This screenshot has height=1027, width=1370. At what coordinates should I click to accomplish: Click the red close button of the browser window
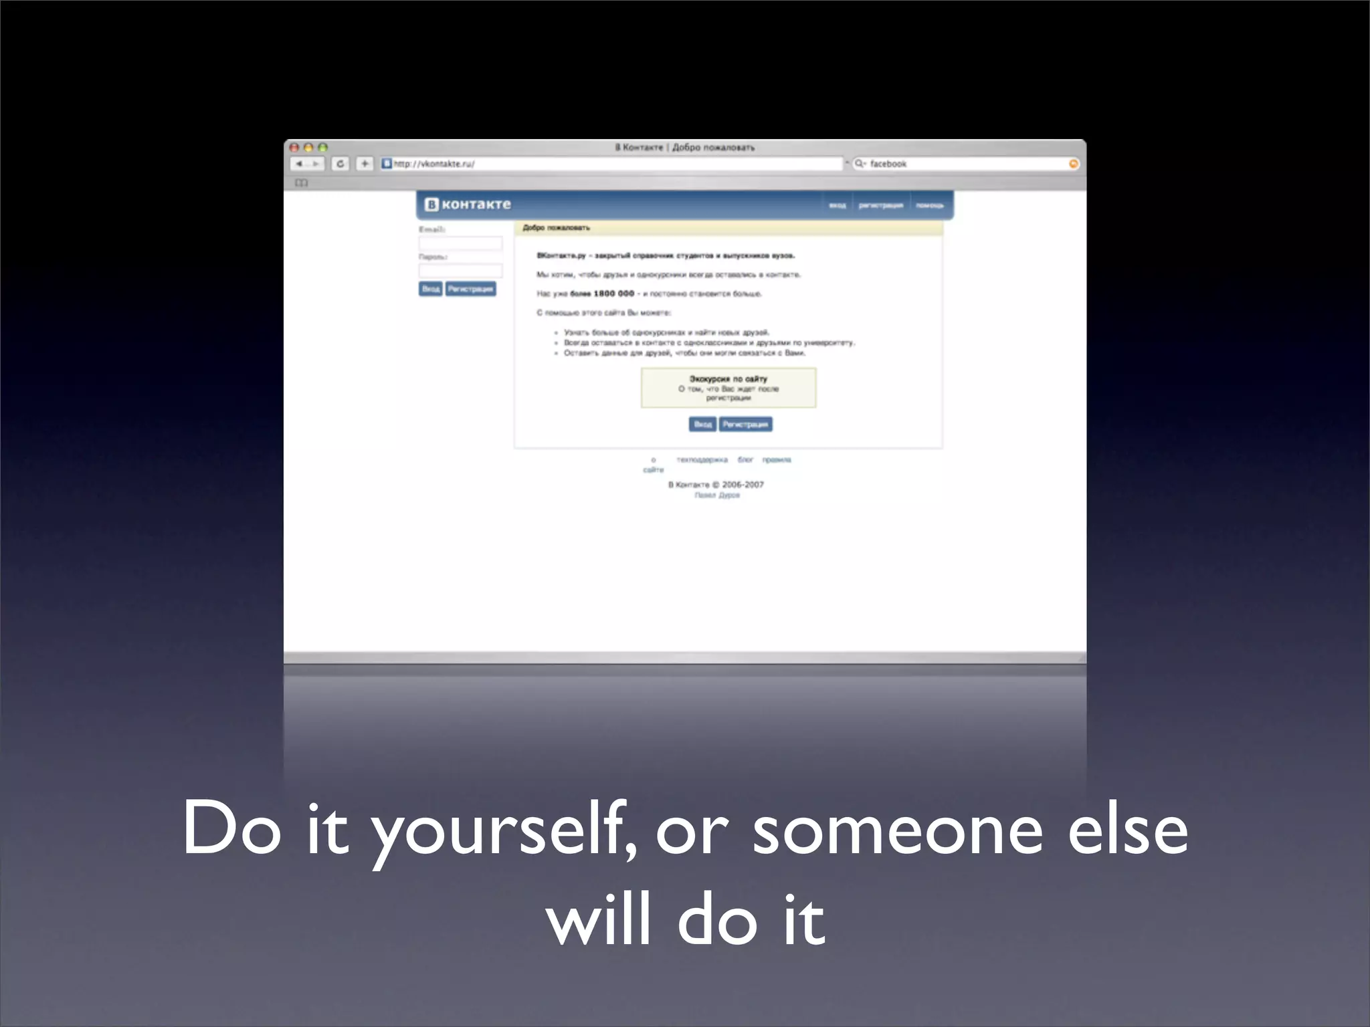point(294,148)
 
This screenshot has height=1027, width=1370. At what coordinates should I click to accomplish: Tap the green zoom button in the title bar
point(322,148)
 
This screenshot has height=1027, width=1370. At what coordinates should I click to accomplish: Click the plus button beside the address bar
point(365,164)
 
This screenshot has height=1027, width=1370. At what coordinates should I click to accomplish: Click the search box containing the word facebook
point(963,164)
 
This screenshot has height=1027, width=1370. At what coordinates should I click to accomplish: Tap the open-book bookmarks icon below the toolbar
point(302,183)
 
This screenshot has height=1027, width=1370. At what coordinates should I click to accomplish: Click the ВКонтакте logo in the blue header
point(468,205)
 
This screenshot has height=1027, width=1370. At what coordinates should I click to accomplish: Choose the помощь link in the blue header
point(929,205)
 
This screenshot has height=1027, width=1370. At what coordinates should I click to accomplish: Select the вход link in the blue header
point(837,205)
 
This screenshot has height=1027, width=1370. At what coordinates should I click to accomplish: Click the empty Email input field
point(460,243)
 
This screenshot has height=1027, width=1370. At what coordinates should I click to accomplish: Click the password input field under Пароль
point(460,271)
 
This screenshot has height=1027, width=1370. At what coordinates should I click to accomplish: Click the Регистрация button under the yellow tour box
point(745,425)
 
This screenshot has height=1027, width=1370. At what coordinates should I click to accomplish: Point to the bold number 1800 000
point(613,294)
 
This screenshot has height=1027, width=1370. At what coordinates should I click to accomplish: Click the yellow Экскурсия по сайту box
point(728,388)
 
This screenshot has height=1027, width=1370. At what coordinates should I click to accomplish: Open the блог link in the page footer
point(745,460)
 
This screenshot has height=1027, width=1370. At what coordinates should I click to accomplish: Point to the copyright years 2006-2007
point(743,485)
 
